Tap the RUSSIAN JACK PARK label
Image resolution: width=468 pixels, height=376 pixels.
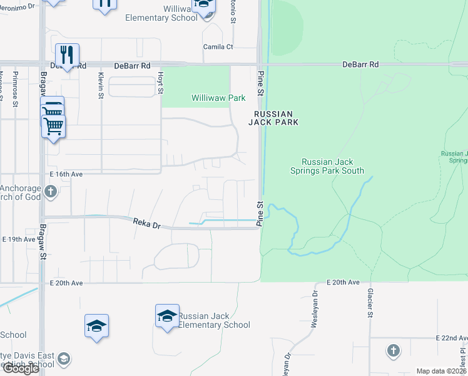pyautogui.click(x=273, y=118)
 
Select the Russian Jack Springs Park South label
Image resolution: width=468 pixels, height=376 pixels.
pyautogui.click(x=332, y=165)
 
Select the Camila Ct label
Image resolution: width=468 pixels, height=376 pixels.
pyautogui.click(x=218, y=47)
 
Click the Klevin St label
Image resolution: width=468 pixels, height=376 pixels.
pyautogui.click(x=100, y=85)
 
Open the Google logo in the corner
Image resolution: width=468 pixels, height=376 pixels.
pyautogui.click(x=21, y=368)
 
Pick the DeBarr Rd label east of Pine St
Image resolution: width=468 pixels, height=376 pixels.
pyautogui.click(x=361, y=65)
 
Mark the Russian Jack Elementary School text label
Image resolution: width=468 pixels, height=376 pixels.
pyautogui.click(x=214, y=320)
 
